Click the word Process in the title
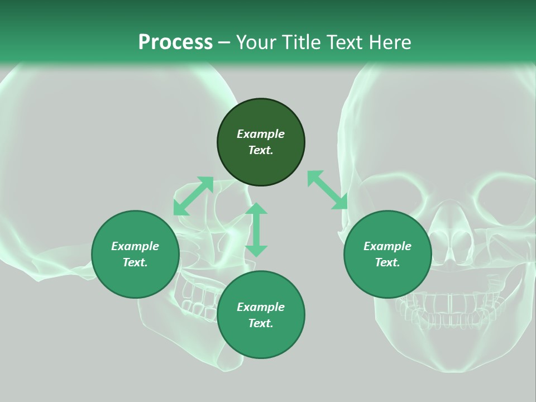click(x=175, y=42)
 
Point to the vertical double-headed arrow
click(x=256, y=229)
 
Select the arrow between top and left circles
click(x=193, y=196)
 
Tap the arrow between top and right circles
click(x=327, y=190)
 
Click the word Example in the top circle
click(x=261, y=134)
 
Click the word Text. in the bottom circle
click(x=261, y=323)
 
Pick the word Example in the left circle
click(x=135, y=246)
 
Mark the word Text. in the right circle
click(x=387, y=262)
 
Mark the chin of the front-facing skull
click(x=452, y=357)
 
